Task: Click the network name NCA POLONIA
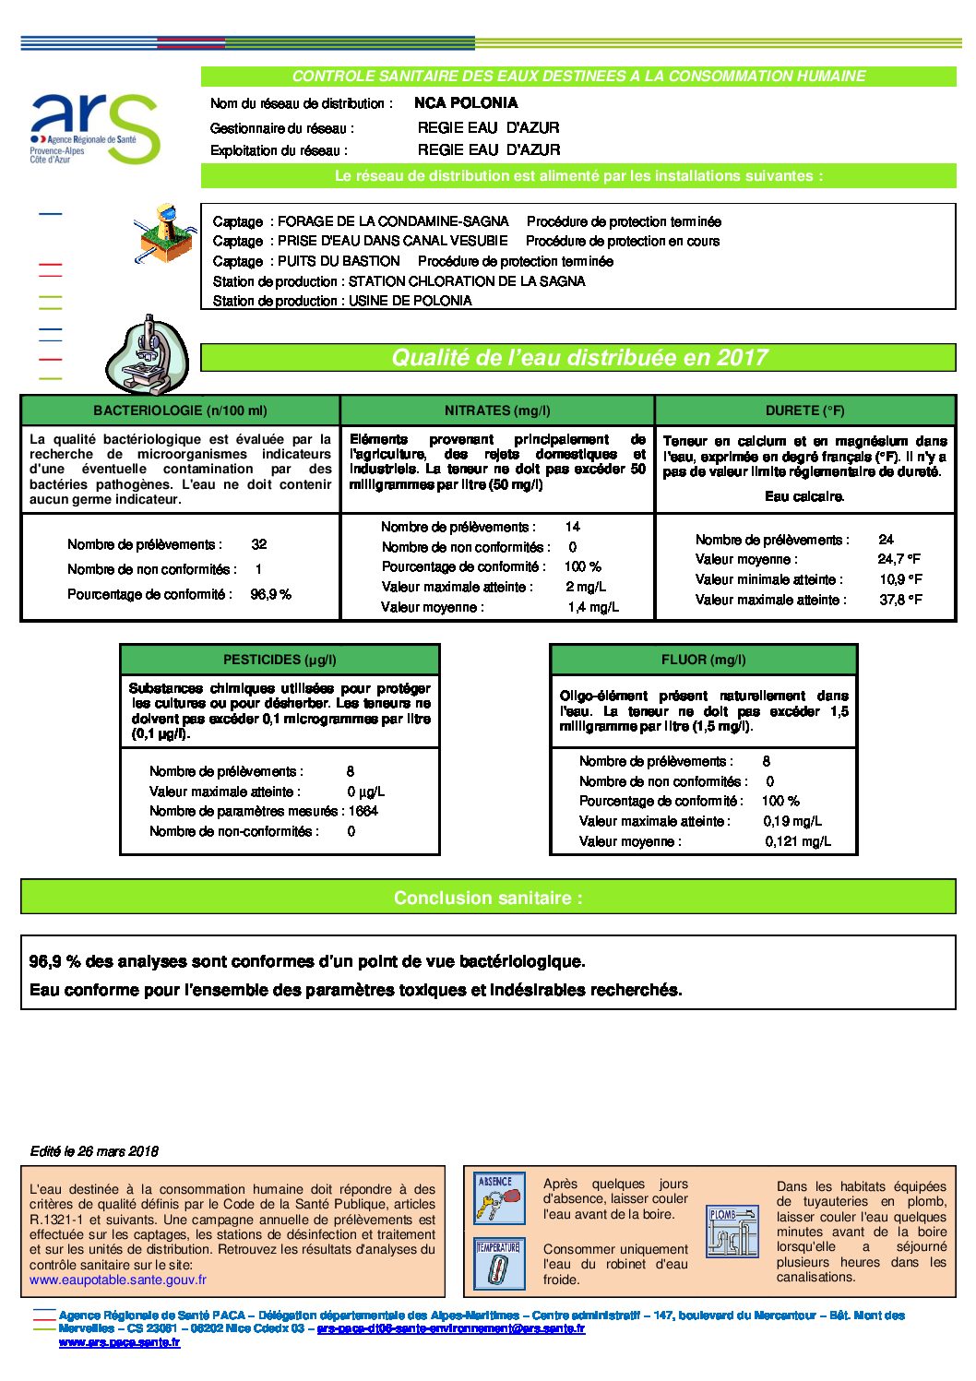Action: click(x=466, y=103)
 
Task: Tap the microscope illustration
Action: click(x=148, y=355)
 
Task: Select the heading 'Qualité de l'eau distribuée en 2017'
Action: click(x=578, y=358)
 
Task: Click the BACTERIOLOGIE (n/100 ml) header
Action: click(x=180, y=411)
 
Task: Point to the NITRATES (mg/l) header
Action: click(x=497, y=411)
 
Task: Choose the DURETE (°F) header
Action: click(x=804, y=411)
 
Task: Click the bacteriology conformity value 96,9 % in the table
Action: click(x=270, y=595)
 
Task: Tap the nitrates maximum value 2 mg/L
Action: click(x=586, y=587)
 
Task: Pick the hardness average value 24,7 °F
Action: click(x=899, y=559)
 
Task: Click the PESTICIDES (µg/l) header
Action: click(x=280, y=660)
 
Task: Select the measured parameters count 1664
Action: click(x=363, y=811)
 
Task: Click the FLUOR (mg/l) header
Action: click(x=703, y=660)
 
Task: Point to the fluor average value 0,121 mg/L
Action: click(x=798, y=841)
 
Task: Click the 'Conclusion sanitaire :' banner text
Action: click(x=488, y=898)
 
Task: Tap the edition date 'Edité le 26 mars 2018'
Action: click(x=94, y=1151)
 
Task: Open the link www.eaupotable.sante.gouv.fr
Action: click(x=118, y=1280)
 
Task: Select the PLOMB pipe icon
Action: click(x=732, y=1231)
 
